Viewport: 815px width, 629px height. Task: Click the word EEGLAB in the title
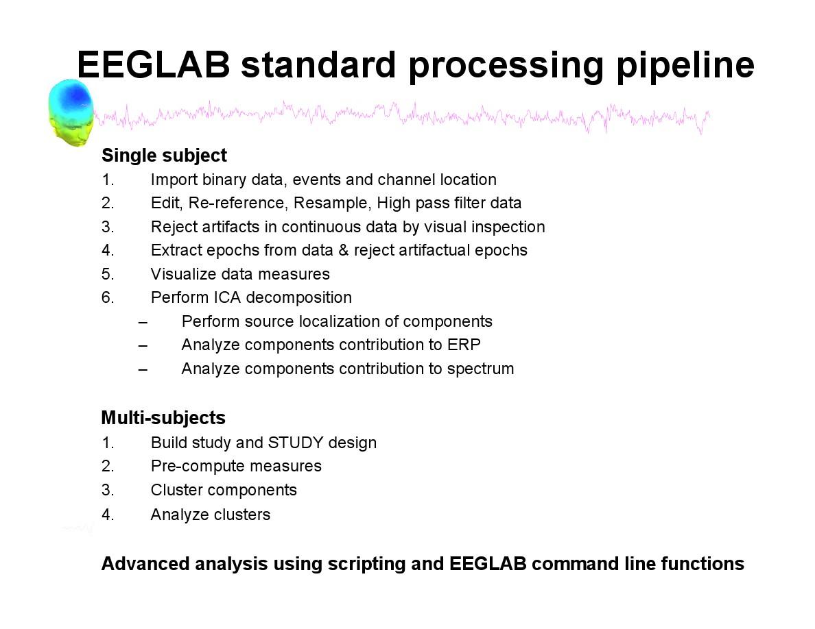tap(154, 65)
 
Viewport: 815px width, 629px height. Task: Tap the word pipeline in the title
tap(685, 66)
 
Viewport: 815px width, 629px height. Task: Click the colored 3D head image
tap(71, 112)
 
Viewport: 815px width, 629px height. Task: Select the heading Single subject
tap(164, 155)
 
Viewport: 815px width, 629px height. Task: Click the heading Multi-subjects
tap(163, 418)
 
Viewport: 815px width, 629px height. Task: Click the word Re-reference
tap(237, 203)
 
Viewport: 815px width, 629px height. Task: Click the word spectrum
tap(480, 369)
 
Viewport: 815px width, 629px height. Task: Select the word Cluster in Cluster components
tap(177, 490)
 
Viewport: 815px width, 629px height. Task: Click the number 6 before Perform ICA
tap(106, 297)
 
